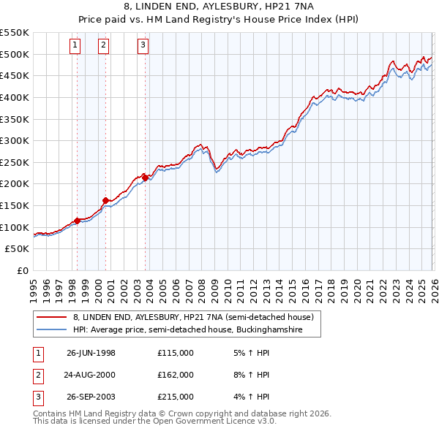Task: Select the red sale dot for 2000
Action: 105,200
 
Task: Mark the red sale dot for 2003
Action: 146,177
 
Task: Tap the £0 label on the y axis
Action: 22,270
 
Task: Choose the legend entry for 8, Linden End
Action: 193,317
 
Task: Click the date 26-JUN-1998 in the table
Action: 91,353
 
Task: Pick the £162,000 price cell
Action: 176,375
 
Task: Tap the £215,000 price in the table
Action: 176,397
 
